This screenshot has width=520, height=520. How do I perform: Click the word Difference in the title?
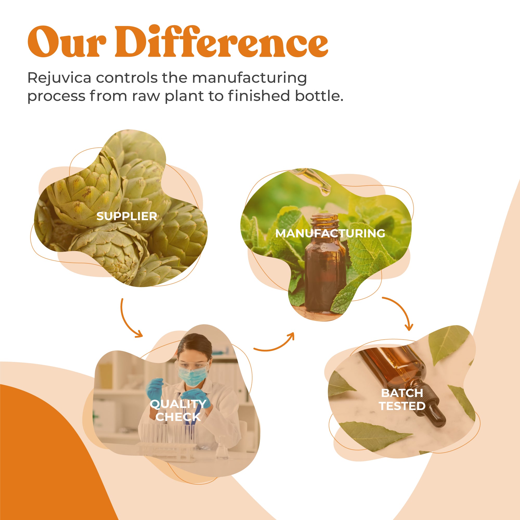pyautogui.click(x=221, y=42)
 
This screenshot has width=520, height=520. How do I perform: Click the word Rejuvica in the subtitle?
pyautogui.click(x=59, y=78)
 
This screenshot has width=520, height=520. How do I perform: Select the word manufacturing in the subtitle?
pyautogui.click(x=249, y=78)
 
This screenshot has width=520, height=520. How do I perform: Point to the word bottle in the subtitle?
pyautogui.click(x=319, y=96)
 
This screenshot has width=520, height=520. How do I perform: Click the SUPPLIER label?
pyautogui.click(x=127, y=216)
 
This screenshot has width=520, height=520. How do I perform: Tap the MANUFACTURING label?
pyautogui.click(x=330, y=233)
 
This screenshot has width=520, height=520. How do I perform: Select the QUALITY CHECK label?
pyautogui.click(x=178, y=411)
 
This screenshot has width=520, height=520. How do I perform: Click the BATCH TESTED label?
pyautogui.click(x=402, y=400)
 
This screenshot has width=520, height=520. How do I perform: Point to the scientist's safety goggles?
pyautogui.click(x=192, y=365)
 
